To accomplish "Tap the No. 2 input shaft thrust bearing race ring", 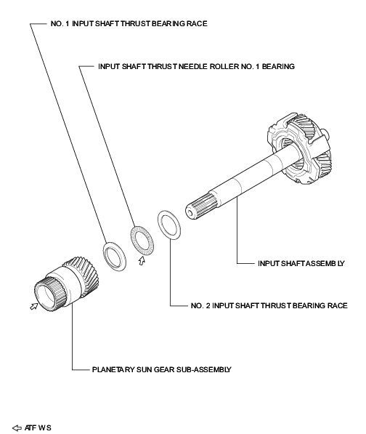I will point(169,224).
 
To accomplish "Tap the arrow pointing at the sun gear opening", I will point(31,308).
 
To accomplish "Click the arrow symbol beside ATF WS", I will point(17,427).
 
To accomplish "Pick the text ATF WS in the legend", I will point(38,427).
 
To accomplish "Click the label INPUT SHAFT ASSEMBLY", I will point(301,262).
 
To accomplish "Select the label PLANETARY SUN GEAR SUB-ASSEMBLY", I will point(161,369).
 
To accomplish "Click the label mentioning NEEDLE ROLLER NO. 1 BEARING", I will point(196,66).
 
